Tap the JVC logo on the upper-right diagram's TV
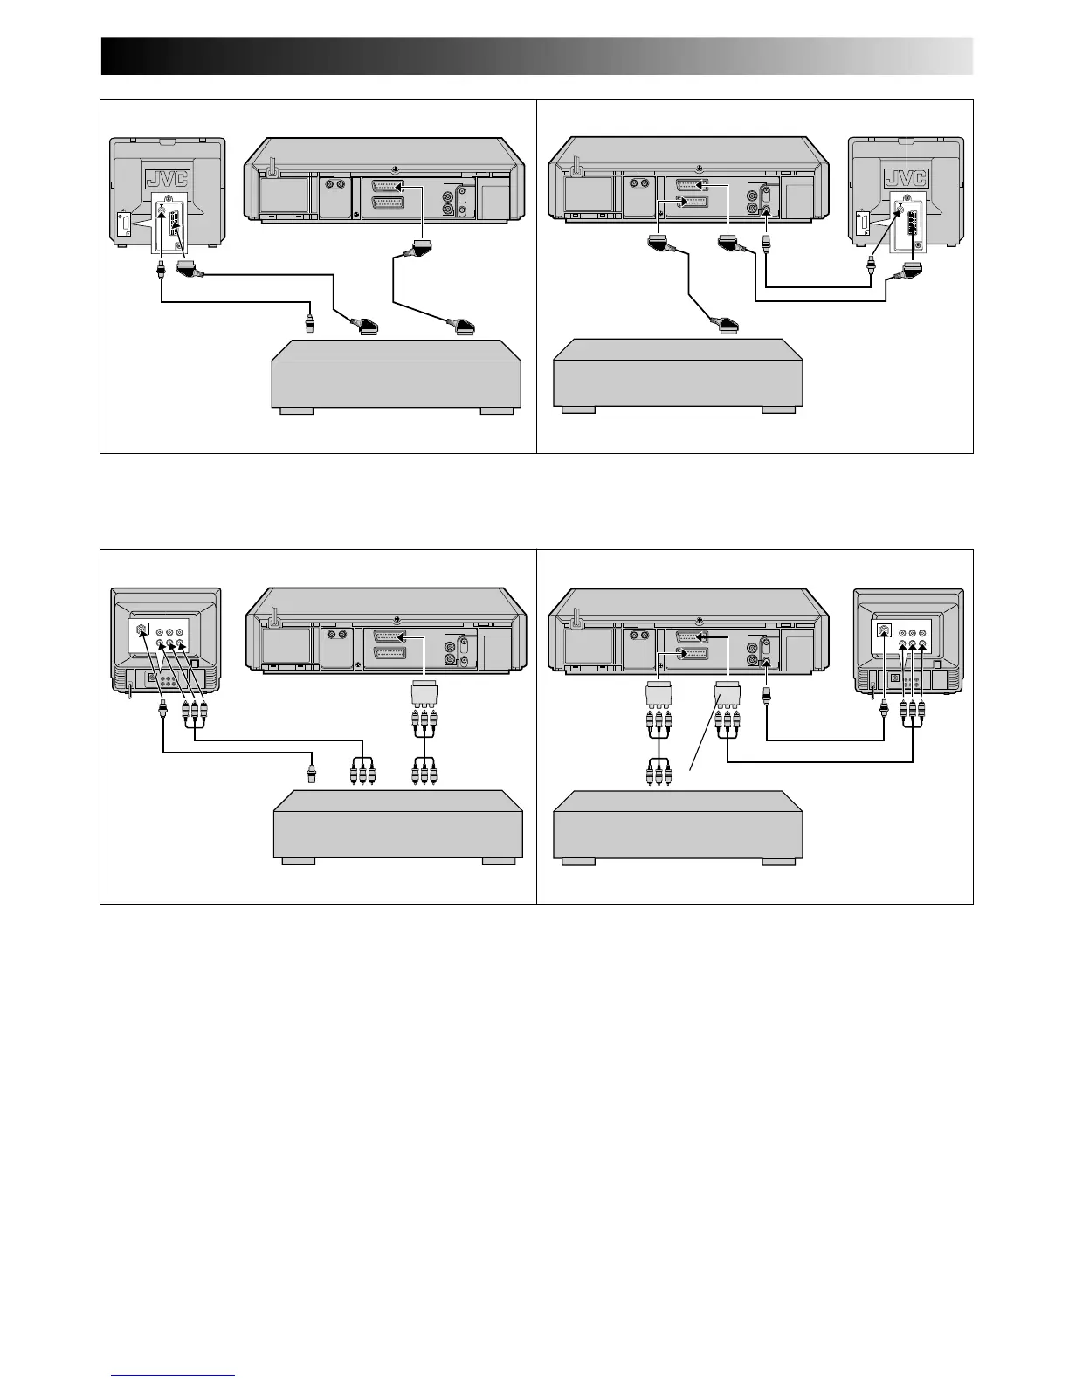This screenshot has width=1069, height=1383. (907, 177)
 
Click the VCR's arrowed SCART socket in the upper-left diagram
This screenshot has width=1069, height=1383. (386, 187)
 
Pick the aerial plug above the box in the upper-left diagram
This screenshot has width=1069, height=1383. (308, 324)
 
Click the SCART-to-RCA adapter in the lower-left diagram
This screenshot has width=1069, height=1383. (424, 695)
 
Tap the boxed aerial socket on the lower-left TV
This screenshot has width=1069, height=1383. (139, 631)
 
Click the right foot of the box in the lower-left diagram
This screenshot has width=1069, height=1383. (499, 860)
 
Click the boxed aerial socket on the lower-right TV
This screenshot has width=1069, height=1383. (886, 631)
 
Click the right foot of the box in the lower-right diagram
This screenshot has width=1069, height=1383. (778, 860)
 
